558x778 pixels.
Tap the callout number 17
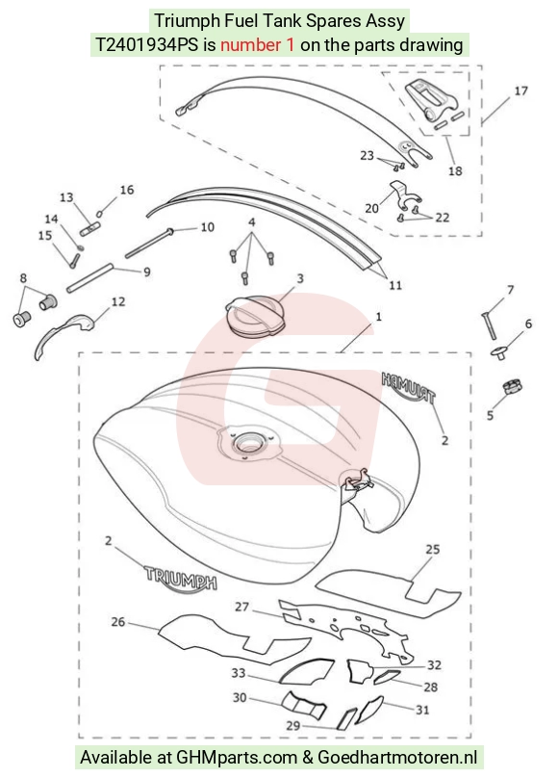[520, 91]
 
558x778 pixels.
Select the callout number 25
[433, 549]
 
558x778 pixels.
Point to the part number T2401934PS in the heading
[146, 45]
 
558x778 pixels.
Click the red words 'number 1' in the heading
[257, 45]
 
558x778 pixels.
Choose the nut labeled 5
[513, 386]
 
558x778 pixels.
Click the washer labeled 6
[499, 352]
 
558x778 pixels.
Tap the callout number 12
[118, 301]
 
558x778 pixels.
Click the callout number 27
[241, 607]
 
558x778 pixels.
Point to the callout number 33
[239, 673]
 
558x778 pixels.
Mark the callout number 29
[293, 726]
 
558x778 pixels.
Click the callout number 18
[455, 171]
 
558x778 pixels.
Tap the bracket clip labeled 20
[405, 195]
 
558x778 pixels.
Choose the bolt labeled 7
[488, 325]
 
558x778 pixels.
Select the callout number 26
[118, 622]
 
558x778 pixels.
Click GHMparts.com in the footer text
[238, 758]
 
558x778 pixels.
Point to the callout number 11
[395, 285]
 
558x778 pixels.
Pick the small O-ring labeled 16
[100, 214]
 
